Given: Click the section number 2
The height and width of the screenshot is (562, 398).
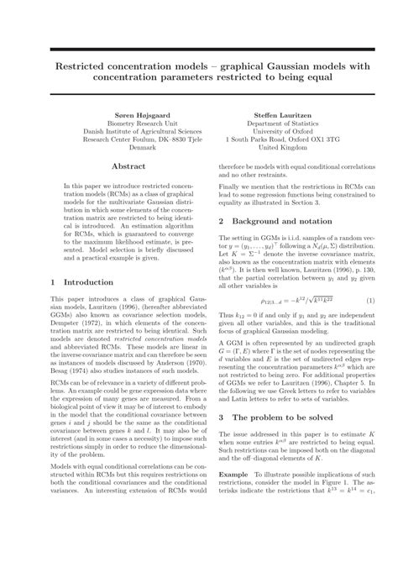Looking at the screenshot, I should [222, 221].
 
